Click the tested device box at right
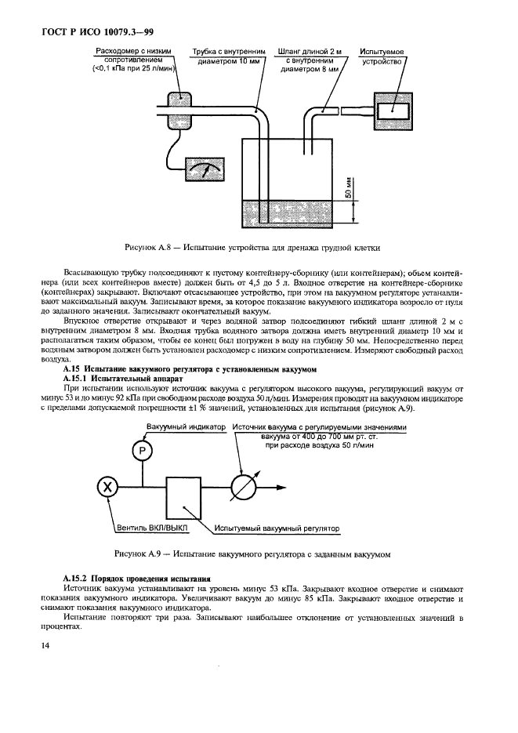tap(393, 109)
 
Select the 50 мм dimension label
tap(346, 188)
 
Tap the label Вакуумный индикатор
tap(186, 426)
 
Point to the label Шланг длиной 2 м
tap(310, 51)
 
